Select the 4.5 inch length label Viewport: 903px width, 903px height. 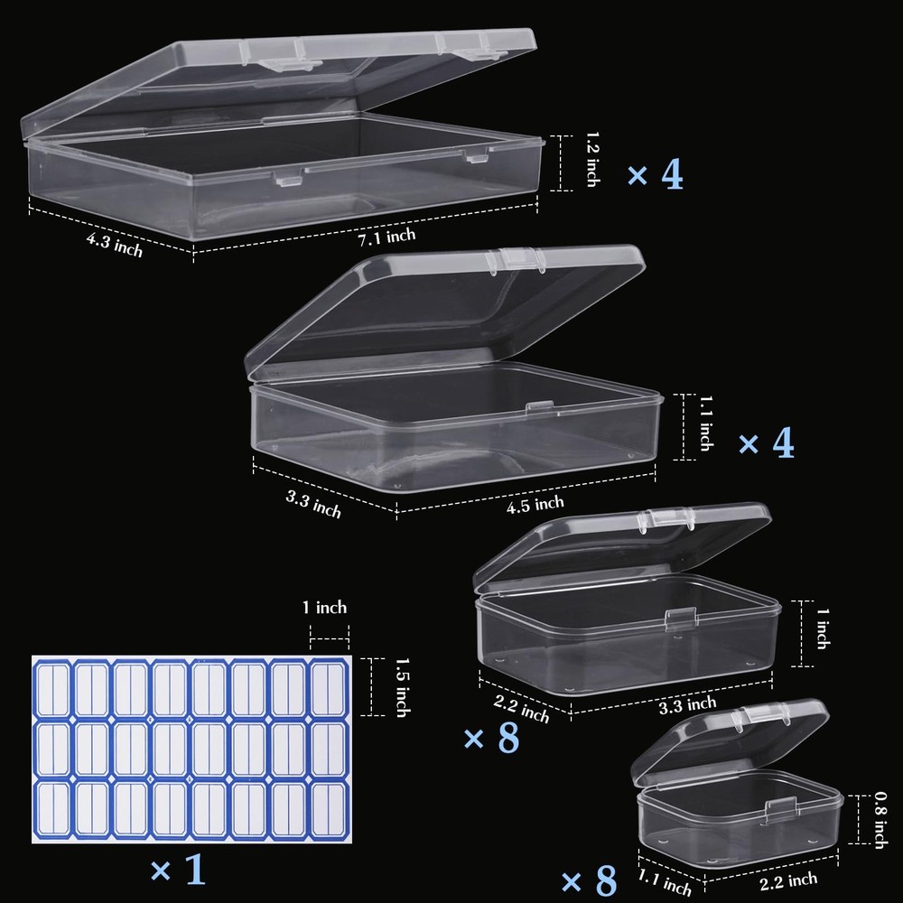(x=535, y=502)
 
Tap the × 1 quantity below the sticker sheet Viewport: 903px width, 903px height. (x=178, y=872)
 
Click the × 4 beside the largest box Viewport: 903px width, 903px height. (x=656, y=174)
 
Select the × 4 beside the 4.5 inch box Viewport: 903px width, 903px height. (x=766, y=442)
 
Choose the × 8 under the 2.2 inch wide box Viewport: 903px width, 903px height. (x=491, y=738)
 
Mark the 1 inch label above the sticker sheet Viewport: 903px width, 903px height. (x=325, y=608)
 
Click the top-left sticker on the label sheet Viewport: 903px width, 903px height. (x=51, y=688)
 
